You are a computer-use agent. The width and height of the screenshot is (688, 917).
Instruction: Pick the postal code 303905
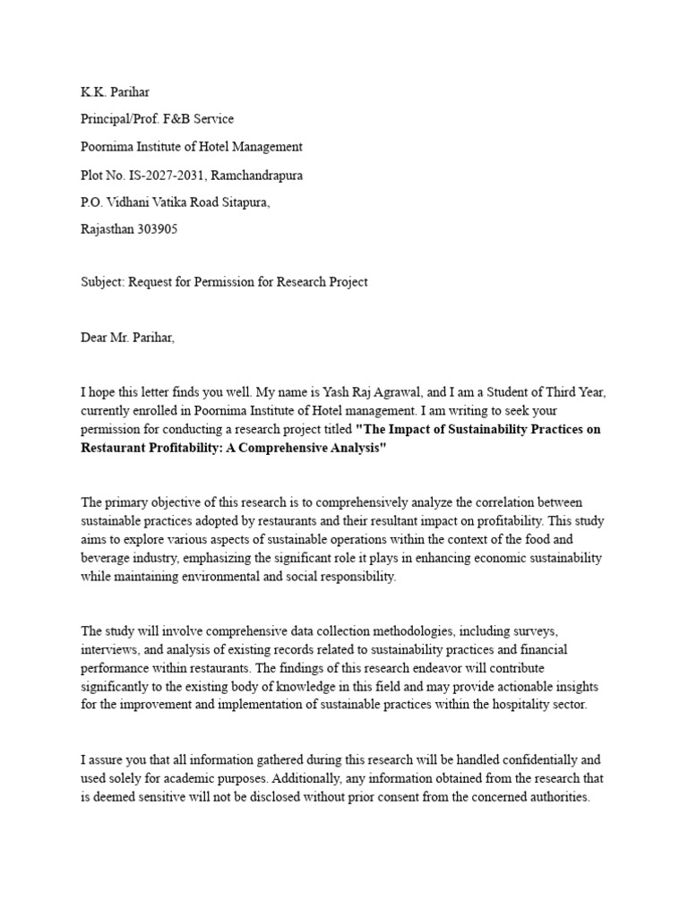click(x=159, y=229)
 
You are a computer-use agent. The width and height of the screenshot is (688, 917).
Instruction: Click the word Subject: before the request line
click(x=102, y=282)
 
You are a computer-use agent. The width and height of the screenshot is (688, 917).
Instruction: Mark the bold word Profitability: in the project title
click(x=188, y=447)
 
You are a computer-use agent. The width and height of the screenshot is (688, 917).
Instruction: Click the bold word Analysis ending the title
click(x=355, y=447)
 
